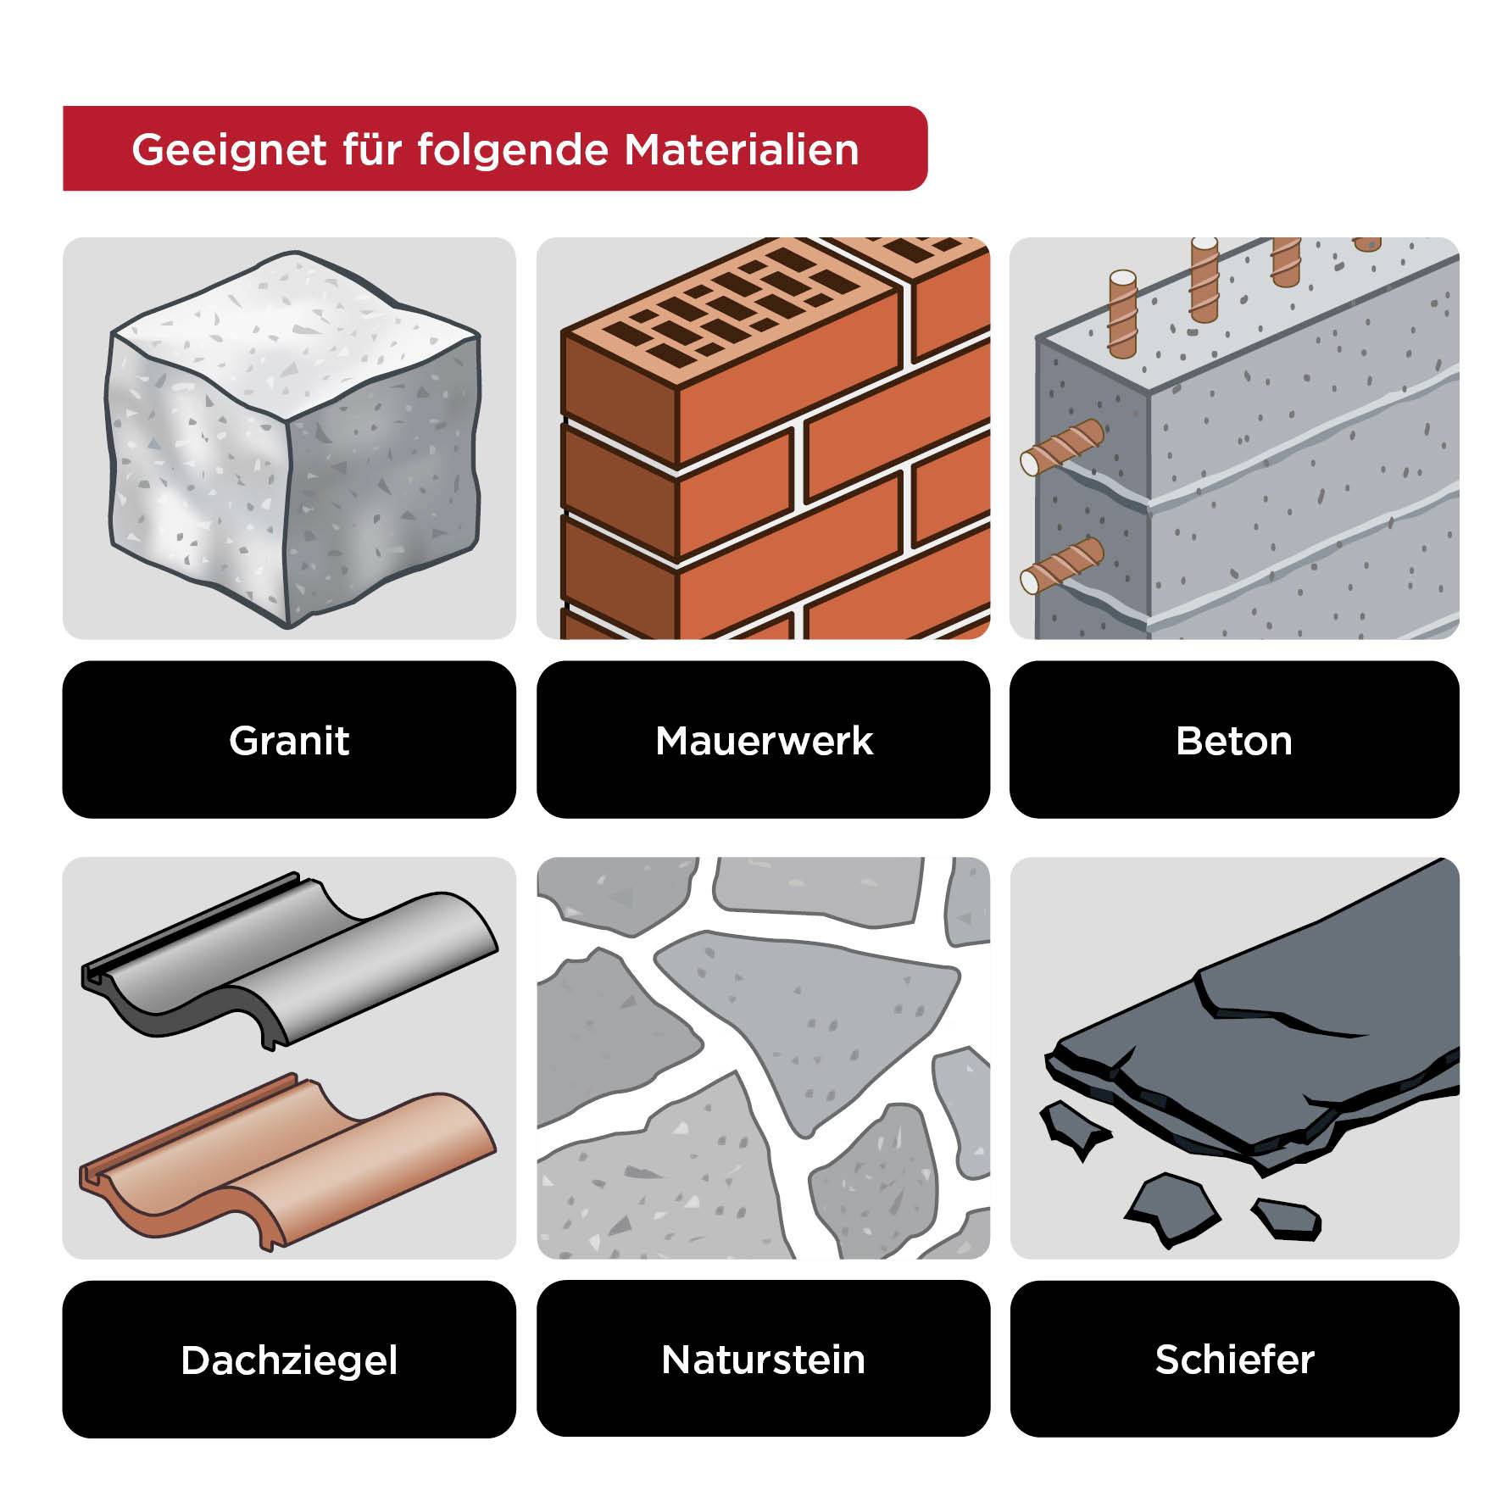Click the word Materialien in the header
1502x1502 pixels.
742,150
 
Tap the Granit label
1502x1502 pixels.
289,740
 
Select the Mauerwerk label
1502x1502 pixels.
763,740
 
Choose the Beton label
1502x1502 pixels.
1234,740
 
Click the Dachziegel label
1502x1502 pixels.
289,1360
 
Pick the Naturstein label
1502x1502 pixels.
763,1360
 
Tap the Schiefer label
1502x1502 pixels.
1234,1360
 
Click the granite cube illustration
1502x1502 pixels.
292,441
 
